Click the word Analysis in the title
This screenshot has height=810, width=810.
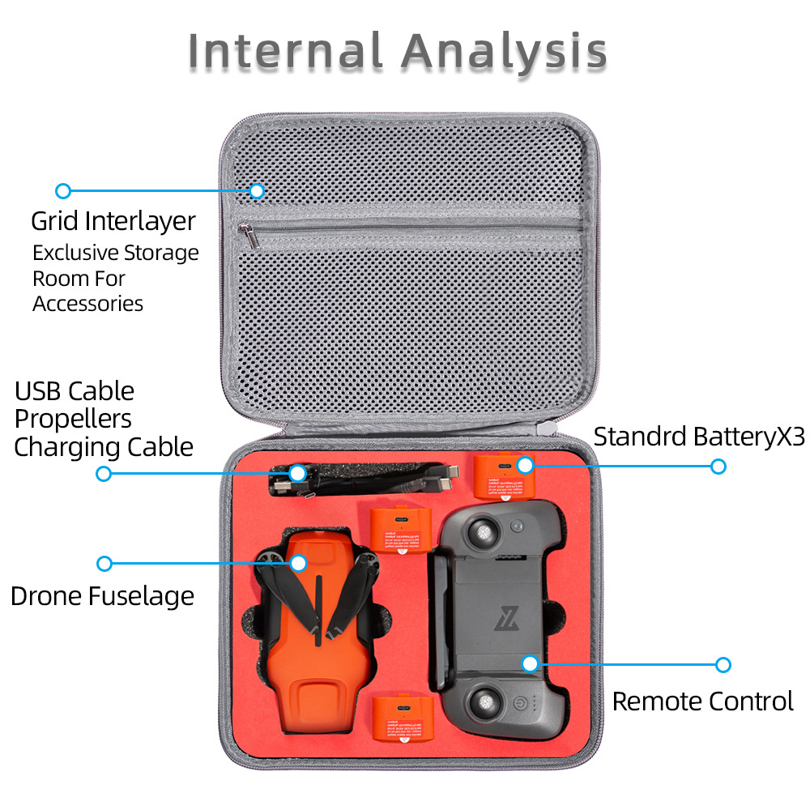click(x=504, y=53)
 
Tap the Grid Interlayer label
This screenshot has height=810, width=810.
click(x=113, y=221)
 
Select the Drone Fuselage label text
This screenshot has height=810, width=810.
click(x=102, y=596)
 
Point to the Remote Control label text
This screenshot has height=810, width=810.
click(x=702, y=701)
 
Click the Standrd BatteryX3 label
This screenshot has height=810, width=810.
click(x=699, y=436)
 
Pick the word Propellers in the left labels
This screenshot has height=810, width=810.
click(x=73, y=419)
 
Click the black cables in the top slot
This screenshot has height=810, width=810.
click(x=356, y=480)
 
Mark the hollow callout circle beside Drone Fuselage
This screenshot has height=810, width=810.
click(x=104, y=563)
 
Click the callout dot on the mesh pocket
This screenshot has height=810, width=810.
click(x=257, y=191)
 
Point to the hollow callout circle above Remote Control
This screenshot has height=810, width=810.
click(x=723, y=665)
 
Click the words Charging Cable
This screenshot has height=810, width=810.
click(x=104, y=447)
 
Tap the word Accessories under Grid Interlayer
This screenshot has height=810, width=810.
click(x=87, y=304)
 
